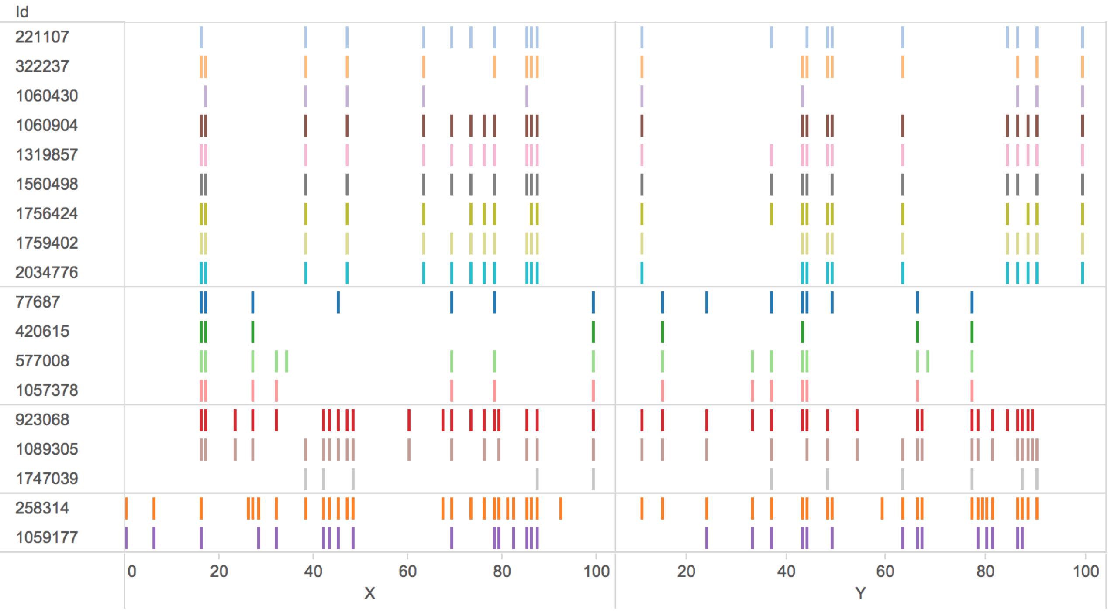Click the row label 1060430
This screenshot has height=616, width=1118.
coord(47,96)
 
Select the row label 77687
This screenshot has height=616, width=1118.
coord(38,302)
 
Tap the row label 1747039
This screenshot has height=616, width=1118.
coord(47,479)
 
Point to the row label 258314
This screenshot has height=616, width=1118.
coord(42,508)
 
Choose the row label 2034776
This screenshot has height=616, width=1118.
coord(47,272)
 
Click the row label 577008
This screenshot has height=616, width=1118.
coord(42,361)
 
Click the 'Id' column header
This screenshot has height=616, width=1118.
coord(22,12)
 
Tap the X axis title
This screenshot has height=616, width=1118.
coord(369,593)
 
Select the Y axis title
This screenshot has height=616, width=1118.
coord(860,593)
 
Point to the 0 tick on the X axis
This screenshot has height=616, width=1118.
coord(131,571)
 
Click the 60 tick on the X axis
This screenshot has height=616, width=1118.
coord(407,571)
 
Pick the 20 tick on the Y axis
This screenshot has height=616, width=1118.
coord(686,571)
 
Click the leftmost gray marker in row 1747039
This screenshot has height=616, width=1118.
coord(306,479)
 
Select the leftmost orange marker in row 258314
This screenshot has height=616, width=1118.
coord(126,508)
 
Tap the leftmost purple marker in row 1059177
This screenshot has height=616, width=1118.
coord(126,537)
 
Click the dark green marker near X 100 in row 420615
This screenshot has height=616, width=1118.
coord(593,332)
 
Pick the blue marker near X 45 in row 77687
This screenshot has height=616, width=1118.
coord(338,302)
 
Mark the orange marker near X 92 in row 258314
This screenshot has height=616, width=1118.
coord(561,508)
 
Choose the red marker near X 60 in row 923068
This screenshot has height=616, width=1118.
coord(409,420)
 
